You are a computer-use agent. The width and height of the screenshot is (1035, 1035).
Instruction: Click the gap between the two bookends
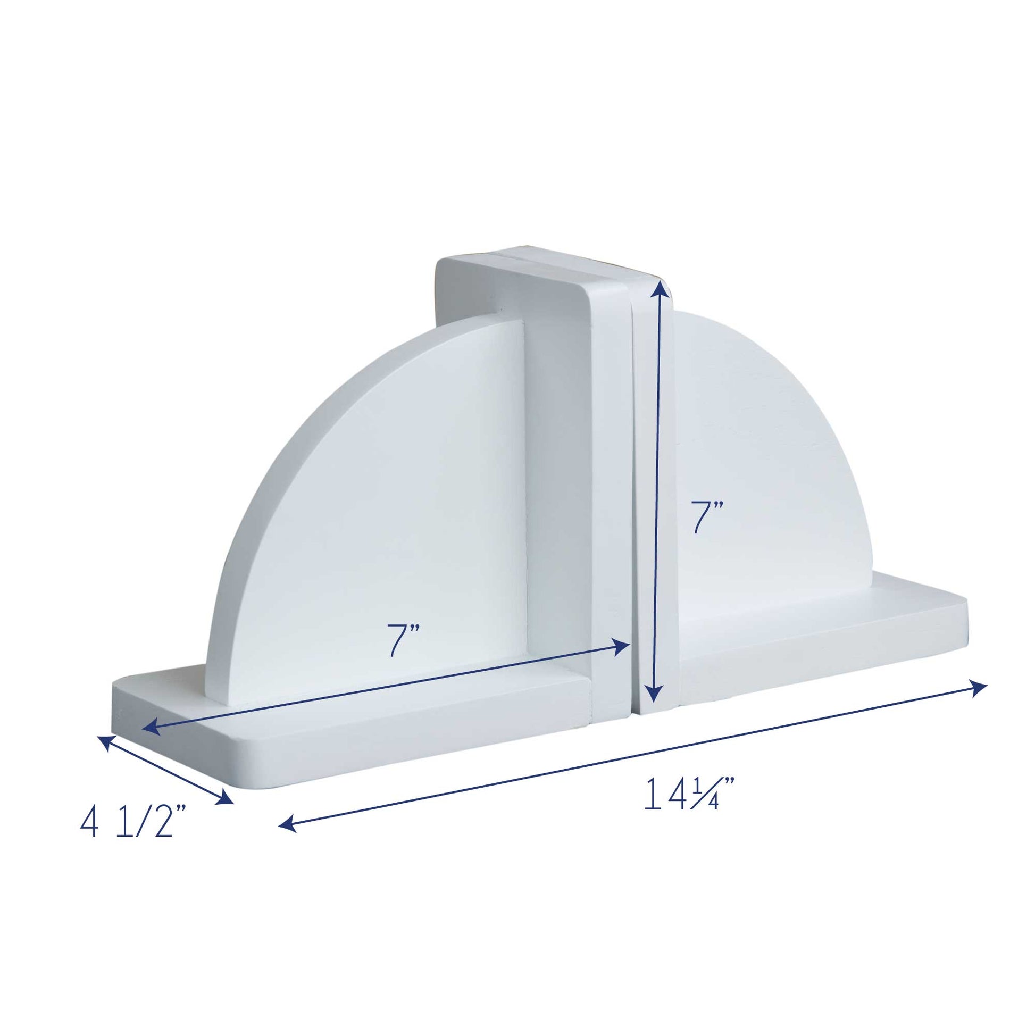(633, 482)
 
